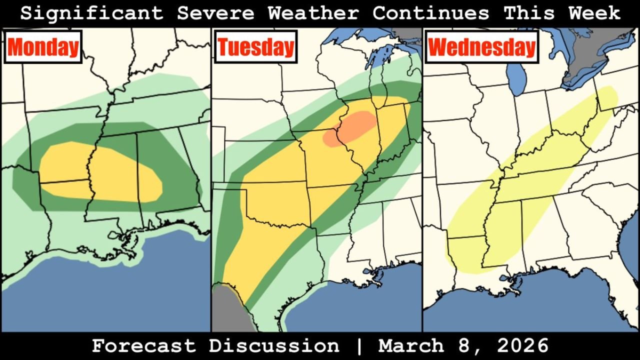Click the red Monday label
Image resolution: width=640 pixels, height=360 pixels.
tap(43, 47)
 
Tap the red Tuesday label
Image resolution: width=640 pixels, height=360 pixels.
tap(256, 47)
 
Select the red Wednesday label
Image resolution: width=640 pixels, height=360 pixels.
tap(481, 47)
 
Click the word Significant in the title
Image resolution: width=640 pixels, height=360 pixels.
tap(91, 13)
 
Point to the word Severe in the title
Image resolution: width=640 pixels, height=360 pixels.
tap(215, 13)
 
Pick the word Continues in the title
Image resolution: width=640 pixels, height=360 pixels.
tap(430, 13)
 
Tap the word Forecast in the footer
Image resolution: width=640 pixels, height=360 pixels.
tap(143, 346)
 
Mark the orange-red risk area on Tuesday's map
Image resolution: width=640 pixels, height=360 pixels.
tap(350, 128)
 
